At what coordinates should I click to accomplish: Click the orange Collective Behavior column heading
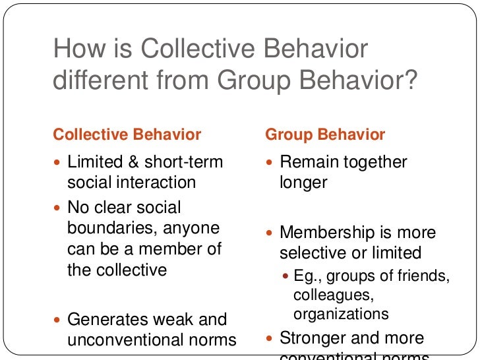(x=127, y=135)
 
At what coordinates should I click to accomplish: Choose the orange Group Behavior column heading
(x=325, y=135)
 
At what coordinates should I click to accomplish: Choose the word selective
(x=310, y=253)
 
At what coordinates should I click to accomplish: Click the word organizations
(x=342, y=313)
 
